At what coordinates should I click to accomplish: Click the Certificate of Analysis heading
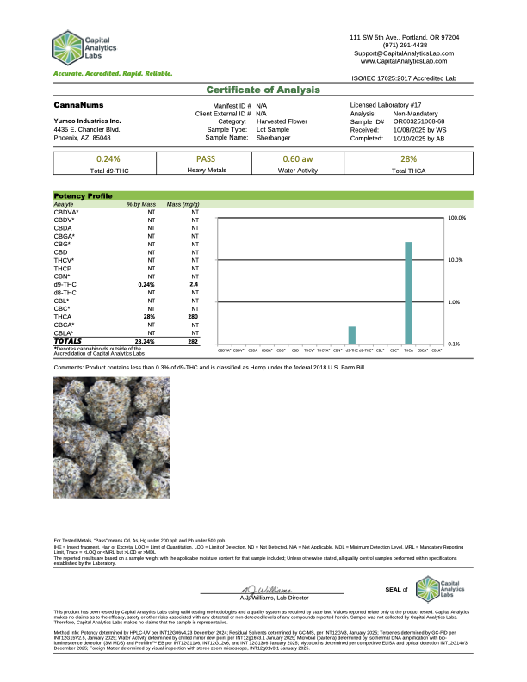coord(263,90)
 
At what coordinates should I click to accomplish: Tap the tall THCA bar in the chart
coord(408,293)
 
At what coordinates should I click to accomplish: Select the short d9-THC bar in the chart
coord(351,336)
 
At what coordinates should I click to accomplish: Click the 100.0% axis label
coord(457,219)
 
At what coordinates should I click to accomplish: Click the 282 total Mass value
coord(194,341)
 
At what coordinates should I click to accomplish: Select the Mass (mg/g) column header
coord(183,203)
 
